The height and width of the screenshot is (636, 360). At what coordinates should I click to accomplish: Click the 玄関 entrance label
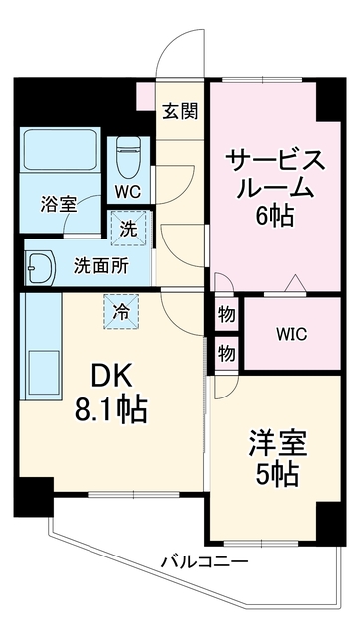click(x=180, y=111)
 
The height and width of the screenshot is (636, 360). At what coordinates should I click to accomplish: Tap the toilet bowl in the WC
click(x=128, y=157)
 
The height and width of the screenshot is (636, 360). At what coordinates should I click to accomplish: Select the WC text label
click(x=128, y=192)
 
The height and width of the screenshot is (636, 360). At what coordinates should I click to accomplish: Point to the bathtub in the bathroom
click(x=60, y=150)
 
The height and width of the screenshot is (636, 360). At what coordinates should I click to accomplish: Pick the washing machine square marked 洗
click(x=128, y=229)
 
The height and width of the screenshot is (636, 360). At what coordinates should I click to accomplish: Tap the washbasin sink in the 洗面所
click(x=40, y=267)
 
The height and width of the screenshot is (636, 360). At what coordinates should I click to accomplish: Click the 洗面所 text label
click(x=101, y=266)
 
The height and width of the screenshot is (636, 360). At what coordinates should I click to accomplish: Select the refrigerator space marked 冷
click(x=121, y=311)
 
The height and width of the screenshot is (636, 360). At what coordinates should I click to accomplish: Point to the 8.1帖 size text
click(x=110, y=410)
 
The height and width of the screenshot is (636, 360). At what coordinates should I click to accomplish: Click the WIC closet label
click(x=292, y=335)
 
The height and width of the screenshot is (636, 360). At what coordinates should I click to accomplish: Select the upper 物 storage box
click(x=226, y=314)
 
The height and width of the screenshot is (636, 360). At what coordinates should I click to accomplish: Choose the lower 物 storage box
click(x=226, y=353)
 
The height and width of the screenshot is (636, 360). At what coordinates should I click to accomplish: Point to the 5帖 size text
click(x=277, y=475)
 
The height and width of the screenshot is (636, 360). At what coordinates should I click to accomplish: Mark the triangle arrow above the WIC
click(x=296, y=283)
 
